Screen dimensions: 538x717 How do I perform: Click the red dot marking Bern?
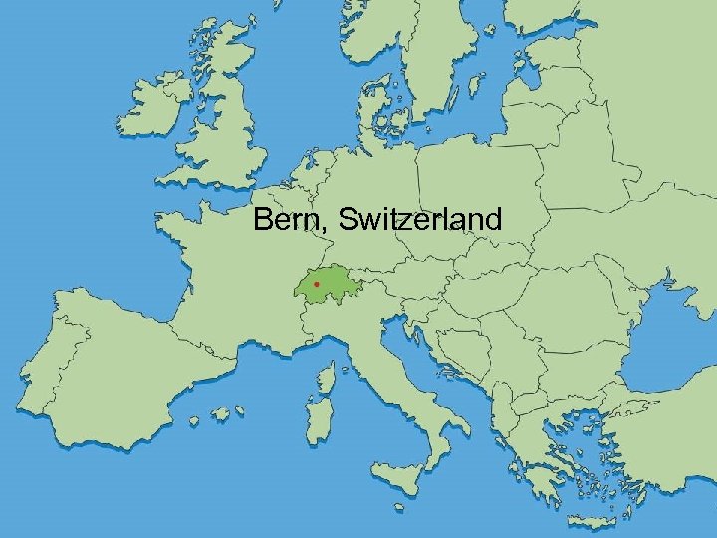(x=316, y=284)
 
